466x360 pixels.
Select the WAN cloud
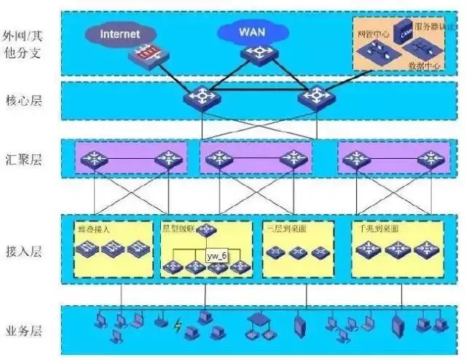[x=252, y=32]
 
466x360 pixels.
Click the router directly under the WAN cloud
[x=256, y=53]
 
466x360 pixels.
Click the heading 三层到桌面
[x=280, y=228]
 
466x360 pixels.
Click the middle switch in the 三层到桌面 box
[x=296, y=252]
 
